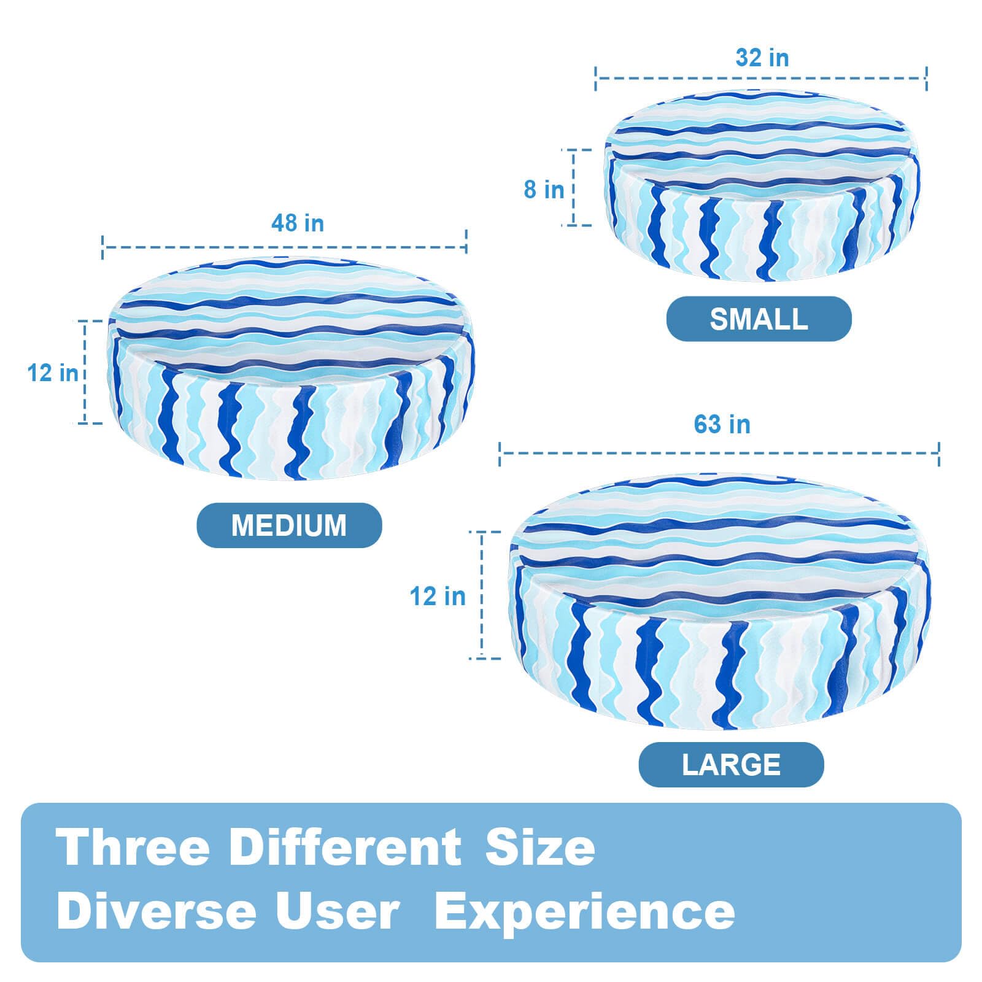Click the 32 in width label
[x=762, y=58]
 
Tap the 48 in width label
[x=298, y=223]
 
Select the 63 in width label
[x=722, y=424]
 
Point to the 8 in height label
[x=544, y=190]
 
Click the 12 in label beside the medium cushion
[x=53, y=373]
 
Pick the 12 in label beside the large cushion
[x=438, y=597]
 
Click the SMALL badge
[x=759, y=319]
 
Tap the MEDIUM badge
[x=289, y=525]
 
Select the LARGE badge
[x=731, y=765]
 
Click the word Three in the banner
[x=133, y=847]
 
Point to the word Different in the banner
[x=346, y=847]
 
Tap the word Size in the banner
[x=540, y=847]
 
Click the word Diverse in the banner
[x=156, y=911]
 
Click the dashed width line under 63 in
[x=719, y=453]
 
